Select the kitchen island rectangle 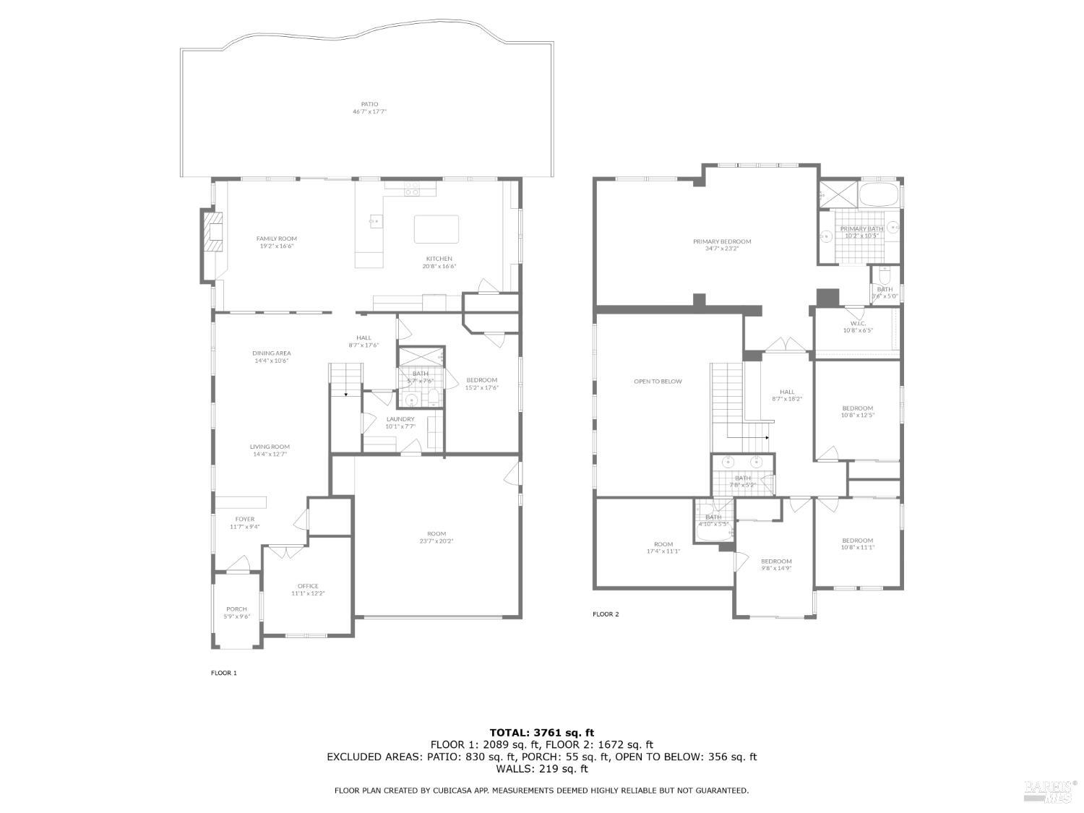coord(436,229)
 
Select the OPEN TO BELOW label coord(658,382)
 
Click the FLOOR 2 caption coord(606,614)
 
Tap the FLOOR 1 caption coord(224,673)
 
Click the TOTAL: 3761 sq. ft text coord(541,732)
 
